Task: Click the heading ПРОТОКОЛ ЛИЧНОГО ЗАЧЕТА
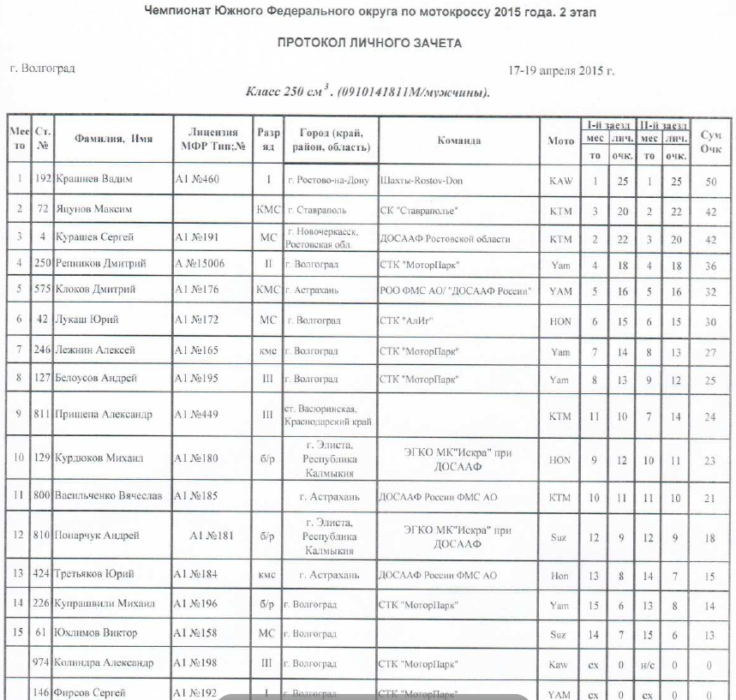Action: point(368,43)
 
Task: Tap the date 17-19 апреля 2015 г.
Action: point(560,70)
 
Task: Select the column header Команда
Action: point(458,141)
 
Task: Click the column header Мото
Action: point(560,141)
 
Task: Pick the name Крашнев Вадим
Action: point(95,182)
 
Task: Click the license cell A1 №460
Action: point(197,182)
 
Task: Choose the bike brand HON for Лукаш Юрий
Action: point(559,320)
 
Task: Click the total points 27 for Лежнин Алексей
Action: point(709,350)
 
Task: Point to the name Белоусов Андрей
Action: point(96,378)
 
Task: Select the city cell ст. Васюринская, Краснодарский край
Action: point(329,414)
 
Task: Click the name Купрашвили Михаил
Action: point(105,604)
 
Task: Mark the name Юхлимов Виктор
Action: point(95,633)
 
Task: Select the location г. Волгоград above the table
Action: point(42,69)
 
